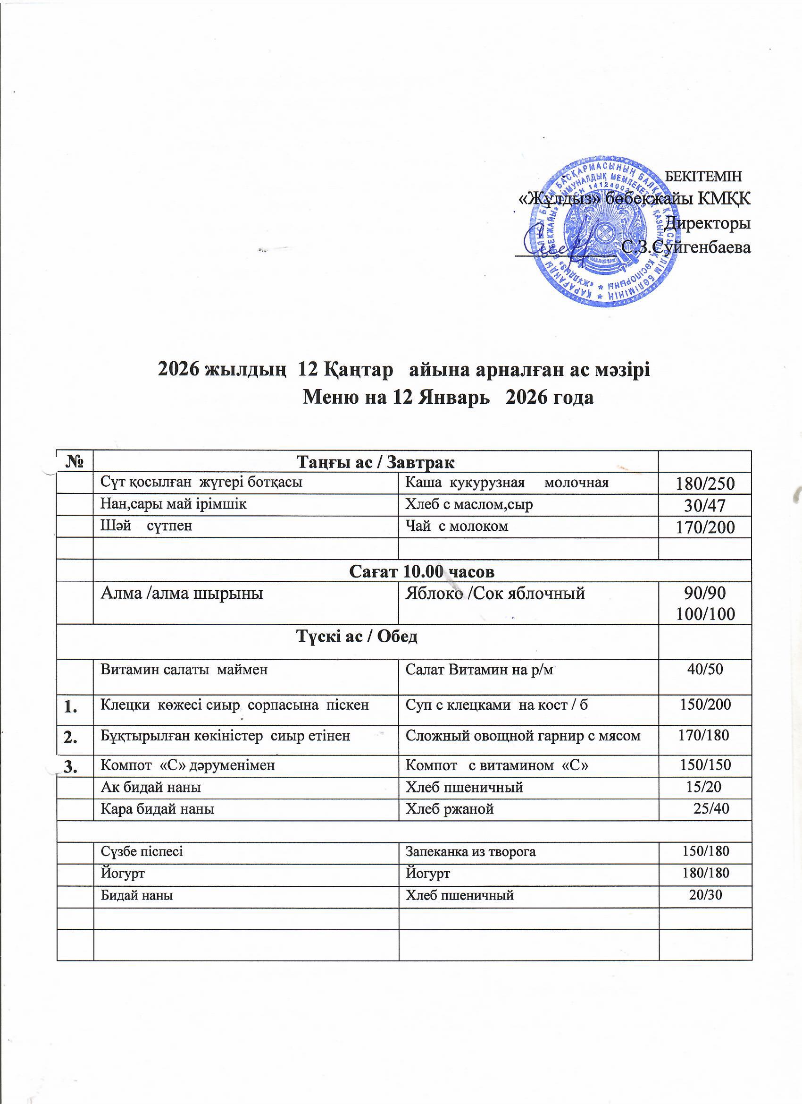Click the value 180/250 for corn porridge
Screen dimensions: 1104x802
pyautogui.click(x=705, y=484)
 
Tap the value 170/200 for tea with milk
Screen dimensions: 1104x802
pyautogui.click(x=705, y=527)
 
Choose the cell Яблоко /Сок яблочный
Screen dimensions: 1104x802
pyautogui.click(x=495, y=594)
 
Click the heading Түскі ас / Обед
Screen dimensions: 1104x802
pyautogui.click(x=357, y=637)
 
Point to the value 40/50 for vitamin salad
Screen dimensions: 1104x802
pyautogui.click(x=705, y=669)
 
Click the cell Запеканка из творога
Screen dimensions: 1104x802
pyautogui.click(x=471, y=852)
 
